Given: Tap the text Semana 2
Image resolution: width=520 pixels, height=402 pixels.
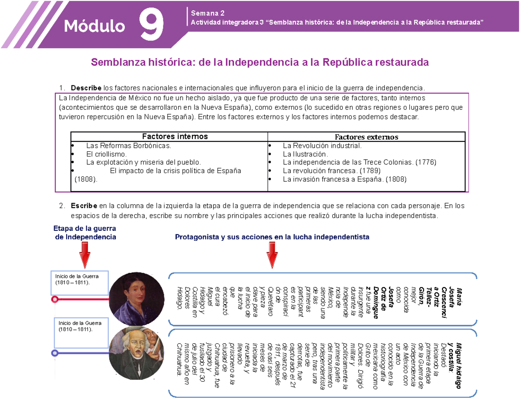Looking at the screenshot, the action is [203, 13].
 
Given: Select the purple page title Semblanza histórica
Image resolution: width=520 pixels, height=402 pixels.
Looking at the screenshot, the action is [259, 63].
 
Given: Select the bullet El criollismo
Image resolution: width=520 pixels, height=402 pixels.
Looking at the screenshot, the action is [107, 154].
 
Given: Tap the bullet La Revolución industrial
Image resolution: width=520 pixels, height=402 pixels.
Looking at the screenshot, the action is [322, 146].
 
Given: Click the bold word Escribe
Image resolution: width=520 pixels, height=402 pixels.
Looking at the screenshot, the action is [84, 205].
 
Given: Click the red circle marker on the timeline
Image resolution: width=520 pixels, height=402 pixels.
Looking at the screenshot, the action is [55, 299].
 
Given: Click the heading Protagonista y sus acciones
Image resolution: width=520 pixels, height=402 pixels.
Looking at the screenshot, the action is [272, 237].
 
